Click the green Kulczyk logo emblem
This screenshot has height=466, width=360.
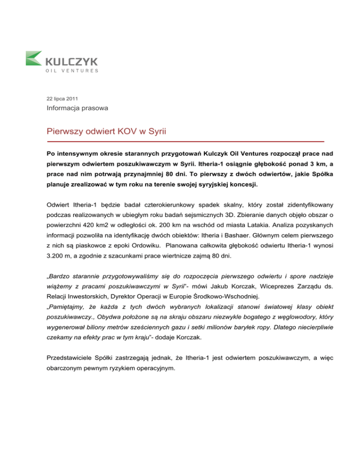pyautogui.click(x=35, y=59)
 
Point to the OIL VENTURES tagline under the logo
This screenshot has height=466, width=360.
pyautogui.click(x=72, y=71)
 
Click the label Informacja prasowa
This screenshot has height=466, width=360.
pyautogui.click(x=70, y=109)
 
